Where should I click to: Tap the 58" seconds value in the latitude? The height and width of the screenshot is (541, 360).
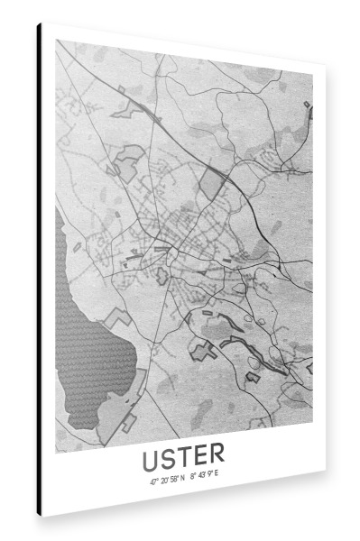[173, 480]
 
